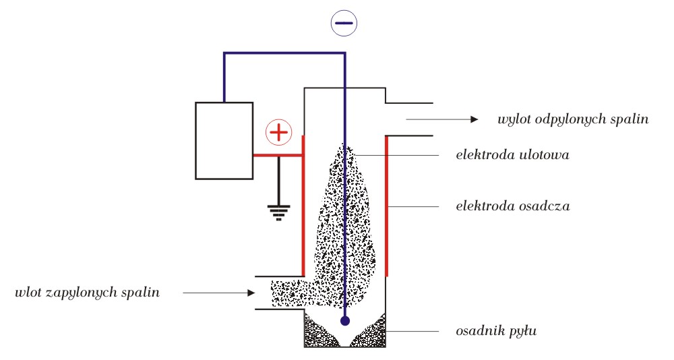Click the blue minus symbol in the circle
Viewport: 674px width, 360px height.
pos(344,23)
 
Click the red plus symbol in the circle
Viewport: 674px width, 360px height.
pos(279,132)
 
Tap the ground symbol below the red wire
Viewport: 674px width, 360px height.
pos(279,213)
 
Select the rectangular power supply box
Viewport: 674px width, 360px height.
pos(224,141)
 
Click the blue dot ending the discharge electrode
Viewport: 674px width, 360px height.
pos(344,321)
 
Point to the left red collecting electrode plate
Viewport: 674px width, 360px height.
pos(303,206)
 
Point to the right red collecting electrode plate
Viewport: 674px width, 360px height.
pos(387,206)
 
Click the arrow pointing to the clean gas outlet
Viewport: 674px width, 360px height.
pos(442,119)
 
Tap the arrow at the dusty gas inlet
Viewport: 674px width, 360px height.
pos(219,293)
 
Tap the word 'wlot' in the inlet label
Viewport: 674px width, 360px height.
pos(28,293)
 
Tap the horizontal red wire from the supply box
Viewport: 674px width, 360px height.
pos(278,155)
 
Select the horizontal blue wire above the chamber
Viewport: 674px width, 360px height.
pos(284,53)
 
